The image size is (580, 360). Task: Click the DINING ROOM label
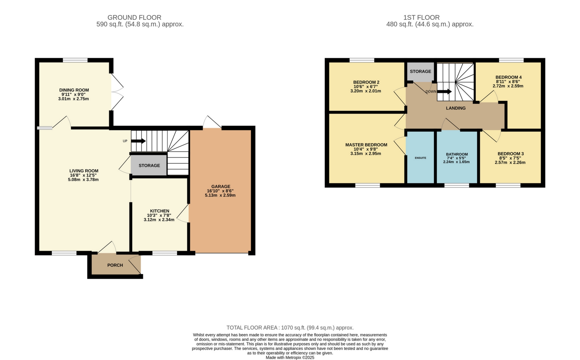[x=74, y=90]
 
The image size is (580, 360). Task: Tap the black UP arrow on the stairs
[x=139, y=141]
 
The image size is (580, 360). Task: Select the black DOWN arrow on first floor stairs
[x=445, y=92]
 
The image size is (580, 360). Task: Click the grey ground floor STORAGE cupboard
[x=149, y=165]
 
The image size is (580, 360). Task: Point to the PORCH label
[x=115, y=265]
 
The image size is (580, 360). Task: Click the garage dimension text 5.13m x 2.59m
[x=220, y=195]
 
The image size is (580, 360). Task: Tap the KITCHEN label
[x=160, y=211]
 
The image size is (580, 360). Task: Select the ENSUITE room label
[x=420, y=158]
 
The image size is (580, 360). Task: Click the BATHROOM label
[x=457, y=154]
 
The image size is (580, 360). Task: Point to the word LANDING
[x=456, y=108]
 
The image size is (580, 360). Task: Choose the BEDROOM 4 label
[x=508, y=77]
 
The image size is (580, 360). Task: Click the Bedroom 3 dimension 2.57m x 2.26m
[x=510, y=163]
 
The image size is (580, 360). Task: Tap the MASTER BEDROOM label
[x=366, y=145]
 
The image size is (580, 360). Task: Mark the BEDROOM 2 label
[x=366, y=82]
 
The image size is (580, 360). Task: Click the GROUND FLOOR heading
[x=134, y=17]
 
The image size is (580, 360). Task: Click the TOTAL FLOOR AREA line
[x=290, y=328]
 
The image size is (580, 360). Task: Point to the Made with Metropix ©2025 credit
[x=290, y=358]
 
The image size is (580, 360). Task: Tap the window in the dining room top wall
[x=75, y=60]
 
